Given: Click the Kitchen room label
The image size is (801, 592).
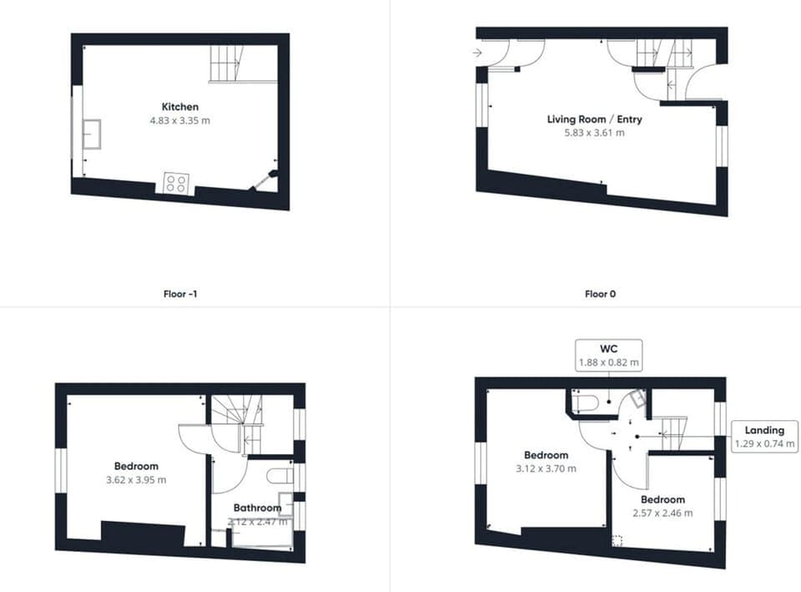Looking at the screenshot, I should coord(180,107).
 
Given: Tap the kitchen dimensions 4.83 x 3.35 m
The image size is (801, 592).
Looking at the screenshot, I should coord(180,120).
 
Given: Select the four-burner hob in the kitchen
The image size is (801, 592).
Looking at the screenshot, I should coord(175,184).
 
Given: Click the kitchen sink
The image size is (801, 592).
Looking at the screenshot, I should coord(92,134).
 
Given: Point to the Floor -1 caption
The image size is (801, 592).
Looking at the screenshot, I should coord(181,294).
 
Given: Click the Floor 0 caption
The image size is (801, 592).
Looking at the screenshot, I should coord(601,294).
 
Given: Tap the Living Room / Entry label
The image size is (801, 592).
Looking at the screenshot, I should coord(594,119).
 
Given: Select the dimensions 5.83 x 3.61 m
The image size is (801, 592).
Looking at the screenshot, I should coord(594,133).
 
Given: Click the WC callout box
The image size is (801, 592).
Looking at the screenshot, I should coord(608,354).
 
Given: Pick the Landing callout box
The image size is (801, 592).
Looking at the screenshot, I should coord(763,437).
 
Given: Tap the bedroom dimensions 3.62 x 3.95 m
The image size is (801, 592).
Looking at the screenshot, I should coord(136,480).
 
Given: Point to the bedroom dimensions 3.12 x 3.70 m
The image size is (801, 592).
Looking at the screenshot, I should coord(546,468).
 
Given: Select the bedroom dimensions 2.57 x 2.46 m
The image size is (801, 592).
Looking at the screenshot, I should coord(662,513).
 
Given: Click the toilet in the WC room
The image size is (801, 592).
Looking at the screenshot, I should coord(587,403).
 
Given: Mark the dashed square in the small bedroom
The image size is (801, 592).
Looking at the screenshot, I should coord(617,540).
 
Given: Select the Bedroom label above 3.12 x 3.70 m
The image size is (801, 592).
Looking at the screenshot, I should coord(546,455).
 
